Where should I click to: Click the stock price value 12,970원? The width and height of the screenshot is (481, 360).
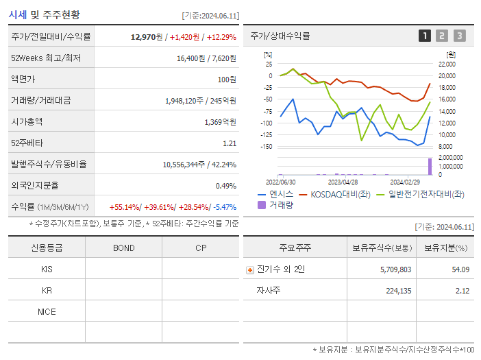(147, 37)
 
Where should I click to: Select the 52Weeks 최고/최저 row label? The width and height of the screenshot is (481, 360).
(46, 58)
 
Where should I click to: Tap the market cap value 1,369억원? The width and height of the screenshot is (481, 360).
(220, 122)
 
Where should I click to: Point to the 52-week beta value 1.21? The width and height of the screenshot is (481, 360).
(230, 143)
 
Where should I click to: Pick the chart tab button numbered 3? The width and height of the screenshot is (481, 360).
(459, 36)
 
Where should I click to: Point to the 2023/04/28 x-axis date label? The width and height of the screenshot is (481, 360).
(343, 182)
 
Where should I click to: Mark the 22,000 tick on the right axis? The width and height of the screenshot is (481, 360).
(445, 64)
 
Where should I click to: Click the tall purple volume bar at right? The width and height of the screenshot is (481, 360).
(430, 166)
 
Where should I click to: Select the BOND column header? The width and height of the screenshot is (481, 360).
(123, 248)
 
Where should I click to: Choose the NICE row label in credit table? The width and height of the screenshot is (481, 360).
(47, 311)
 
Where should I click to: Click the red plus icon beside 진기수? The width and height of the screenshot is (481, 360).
(250, 270)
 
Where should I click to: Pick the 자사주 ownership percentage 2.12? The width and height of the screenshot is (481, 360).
(461, 291)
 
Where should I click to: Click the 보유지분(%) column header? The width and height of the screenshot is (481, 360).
(445, 248)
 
